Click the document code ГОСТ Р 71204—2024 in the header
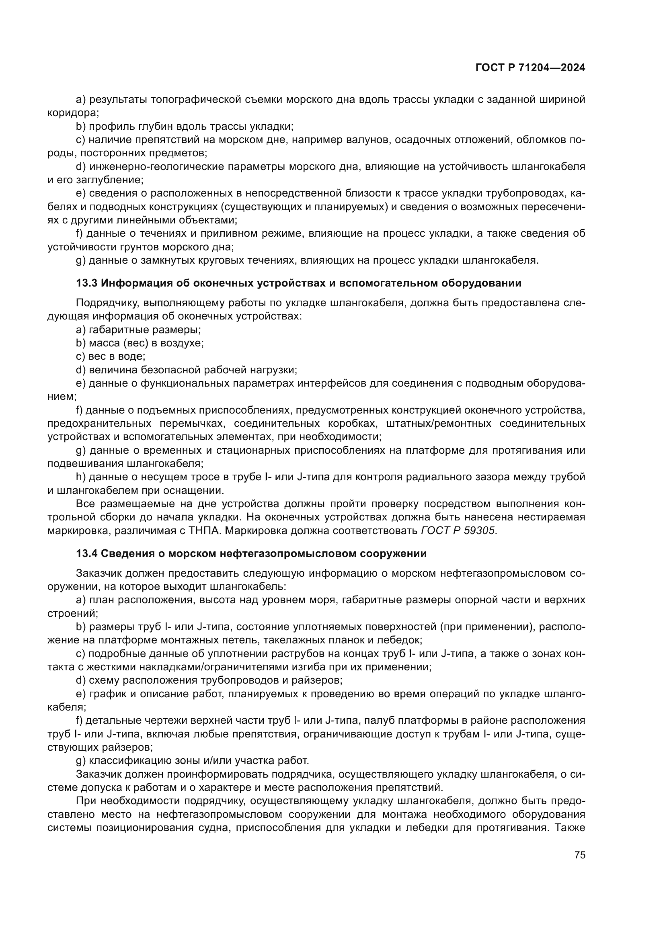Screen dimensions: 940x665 click(x=530, y=68)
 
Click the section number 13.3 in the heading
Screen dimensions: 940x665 click(x=87, y=283)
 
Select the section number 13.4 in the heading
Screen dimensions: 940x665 click(x=87, y=553)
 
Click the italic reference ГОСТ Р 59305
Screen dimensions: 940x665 click(x=458, y=530)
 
